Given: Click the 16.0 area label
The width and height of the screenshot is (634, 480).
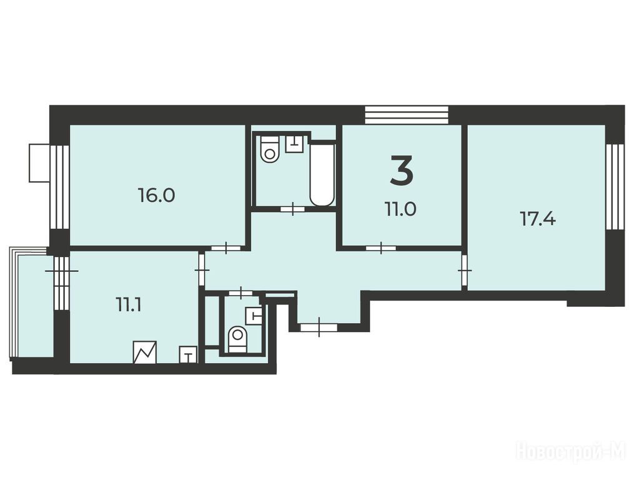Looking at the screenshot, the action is (x=156, y=196).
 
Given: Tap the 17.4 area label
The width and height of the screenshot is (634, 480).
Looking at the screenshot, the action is (x=537, y=219).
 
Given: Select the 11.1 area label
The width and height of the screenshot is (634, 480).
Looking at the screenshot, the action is (x=128, y=305).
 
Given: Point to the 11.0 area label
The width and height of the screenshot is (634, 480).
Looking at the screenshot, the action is (x=400, y=209).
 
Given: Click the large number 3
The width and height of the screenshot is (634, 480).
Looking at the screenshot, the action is (x=402, y=170).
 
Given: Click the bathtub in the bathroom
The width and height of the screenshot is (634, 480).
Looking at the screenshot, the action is (x=322, y=173).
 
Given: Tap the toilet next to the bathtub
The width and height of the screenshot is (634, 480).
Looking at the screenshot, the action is (x=270, y=149).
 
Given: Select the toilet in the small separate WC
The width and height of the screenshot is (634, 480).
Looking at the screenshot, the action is (x=237, y=339).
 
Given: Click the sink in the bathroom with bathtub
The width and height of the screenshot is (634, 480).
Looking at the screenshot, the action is (x=294, y=144).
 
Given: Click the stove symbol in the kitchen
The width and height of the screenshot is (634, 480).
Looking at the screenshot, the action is (x=145, y=352).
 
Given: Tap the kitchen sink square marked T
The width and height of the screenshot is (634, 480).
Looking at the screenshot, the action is (x=188, y=355).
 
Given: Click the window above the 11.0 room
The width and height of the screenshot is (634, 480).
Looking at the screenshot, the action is (x=407, y=115).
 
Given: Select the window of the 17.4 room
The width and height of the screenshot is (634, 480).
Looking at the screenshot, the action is (x=615, y=187).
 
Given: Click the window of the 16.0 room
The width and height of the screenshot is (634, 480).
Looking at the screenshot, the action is (x=60, y=187).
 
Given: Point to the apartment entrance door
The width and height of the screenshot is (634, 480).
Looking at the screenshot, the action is (x=319, y=327).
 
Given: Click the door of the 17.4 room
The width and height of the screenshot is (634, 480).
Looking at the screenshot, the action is (x=465, y=269).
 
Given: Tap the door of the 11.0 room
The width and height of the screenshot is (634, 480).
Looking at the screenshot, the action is (x=381, y=247).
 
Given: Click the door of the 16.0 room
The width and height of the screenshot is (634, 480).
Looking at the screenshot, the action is (x=226, y=247).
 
